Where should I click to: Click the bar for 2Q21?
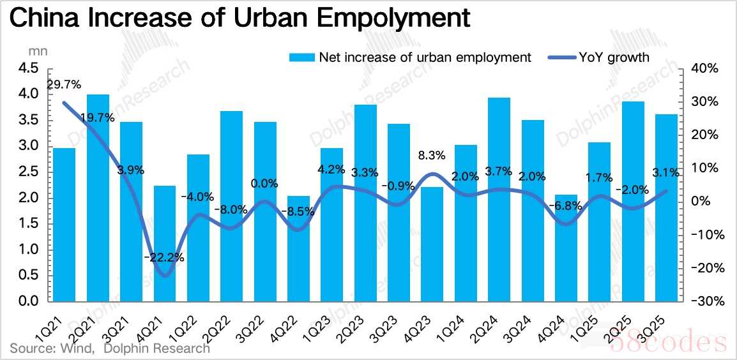tap(98, 198)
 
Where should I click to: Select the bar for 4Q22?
tap(298, 248)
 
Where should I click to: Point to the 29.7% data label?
tap(64, 85)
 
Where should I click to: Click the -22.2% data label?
tap(165, 258)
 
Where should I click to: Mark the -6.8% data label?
tap(565, 206)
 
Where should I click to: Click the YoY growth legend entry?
tap(599, 57)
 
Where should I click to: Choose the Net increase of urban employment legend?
tap(410, 57)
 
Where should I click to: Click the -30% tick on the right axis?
tap(708, 301)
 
